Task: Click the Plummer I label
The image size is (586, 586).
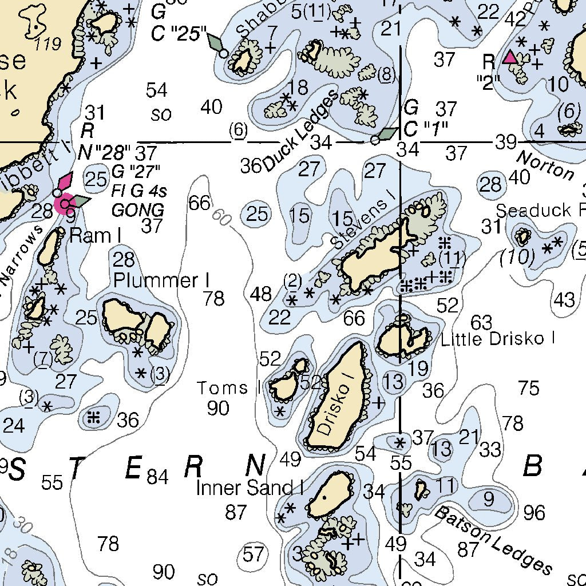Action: point(161,280)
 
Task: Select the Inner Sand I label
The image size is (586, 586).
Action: point(250,488)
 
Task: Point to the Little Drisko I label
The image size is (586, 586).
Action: point(497,338)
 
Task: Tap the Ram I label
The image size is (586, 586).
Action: point(90,235)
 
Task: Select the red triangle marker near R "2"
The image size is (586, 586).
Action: point(509,57)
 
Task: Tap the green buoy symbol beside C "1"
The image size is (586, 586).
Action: point(388,134)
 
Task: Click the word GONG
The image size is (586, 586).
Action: point(137,209)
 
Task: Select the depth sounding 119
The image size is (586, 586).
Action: point(47,43)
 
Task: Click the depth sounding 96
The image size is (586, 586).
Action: point(534,512)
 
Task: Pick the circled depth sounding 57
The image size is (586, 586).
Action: point(254,553)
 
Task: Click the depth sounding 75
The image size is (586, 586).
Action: point(529,388)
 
